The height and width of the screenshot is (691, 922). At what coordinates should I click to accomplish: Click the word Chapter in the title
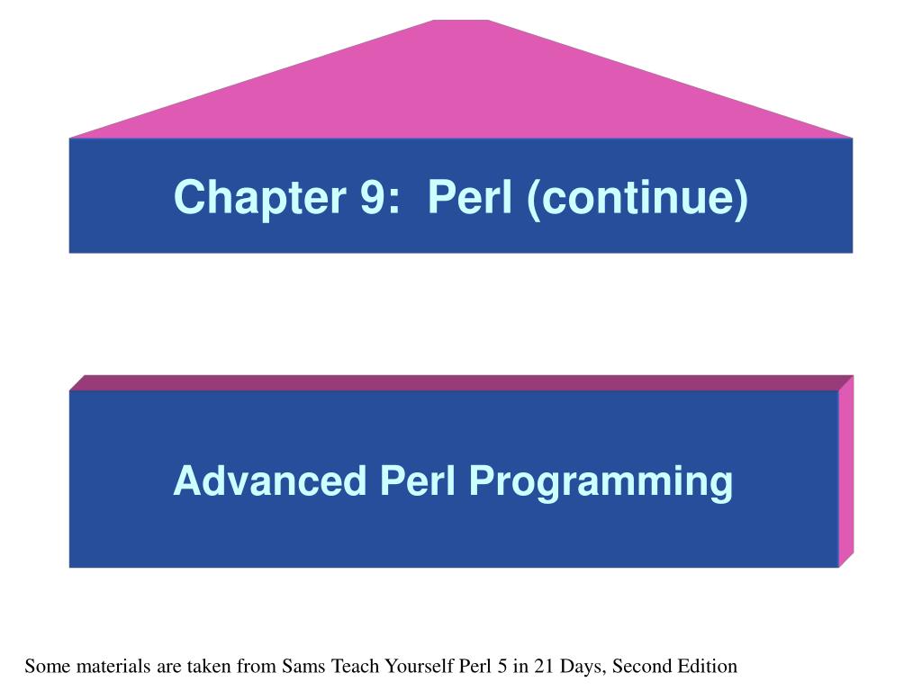(x=259, y=198)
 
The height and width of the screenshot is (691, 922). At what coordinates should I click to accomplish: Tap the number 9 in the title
(x=372, y=196)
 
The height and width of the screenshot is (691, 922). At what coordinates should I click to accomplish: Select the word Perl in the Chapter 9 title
(x=470, y=196)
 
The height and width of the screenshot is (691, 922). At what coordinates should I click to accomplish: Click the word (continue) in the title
(x=638, y=199)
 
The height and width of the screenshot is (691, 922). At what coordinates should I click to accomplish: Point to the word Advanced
(x=270, y=480)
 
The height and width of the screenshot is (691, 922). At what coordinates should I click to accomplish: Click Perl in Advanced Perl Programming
(x=418, y=480)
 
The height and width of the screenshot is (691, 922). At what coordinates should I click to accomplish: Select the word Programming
(x=601, y=483)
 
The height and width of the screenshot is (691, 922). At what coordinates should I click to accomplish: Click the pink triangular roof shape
(x=461, y=88)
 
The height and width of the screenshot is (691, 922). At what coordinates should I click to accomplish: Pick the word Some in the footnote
(x=47, y=667)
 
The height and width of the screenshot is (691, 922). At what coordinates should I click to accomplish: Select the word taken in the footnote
(x=208, y=667)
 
